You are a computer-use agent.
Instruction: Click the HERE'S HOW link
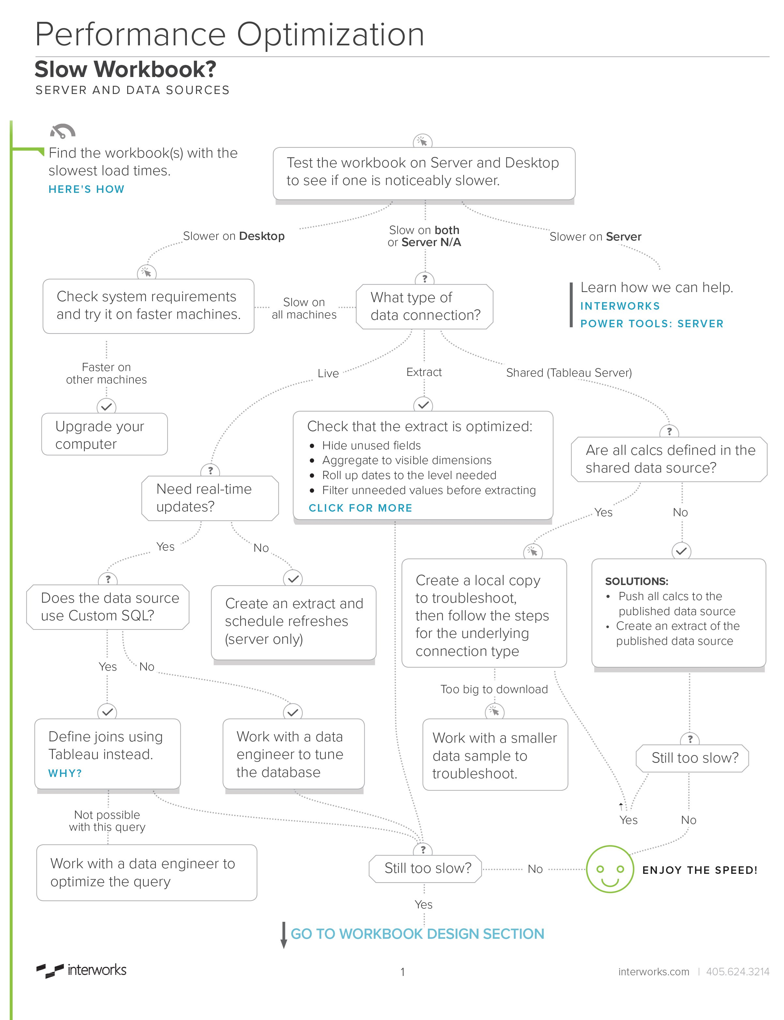(86, 189)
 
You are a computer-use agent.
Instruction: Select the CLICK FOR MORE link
(360, 508)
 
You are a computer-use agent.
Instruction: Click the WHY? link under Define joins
(65, 773)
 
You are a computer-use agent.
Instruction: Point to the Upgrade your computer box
(105, 434)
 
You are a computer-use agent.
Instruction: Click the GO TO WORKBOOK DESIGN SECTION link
(417, 934)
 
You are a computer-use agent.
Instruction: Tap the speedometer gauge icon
(63, 131)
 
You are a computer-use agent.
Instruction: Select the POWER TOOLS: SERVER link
(652, 323)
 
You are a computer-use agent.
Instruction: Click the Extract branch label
(424, 372)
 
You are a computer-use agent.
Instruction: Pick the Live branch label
(328, 374)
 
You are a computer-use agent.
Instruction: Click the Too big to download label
(494, 689)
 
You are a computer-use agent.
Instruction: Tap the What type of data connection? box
(424, 307)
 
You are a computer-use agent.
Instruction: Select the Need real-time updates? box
(210, 498)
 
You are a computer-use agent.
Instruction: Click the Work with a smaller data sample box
(495, 755)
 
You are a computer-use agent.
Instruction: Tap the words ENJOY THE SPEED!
(700, 870)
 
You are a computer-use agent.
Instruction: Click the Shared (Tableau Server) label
(569, 373)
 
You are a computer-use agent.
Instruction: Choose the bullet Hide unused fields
(371, 445)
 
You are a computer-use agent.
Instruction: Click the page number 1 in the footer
(402, 972)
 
